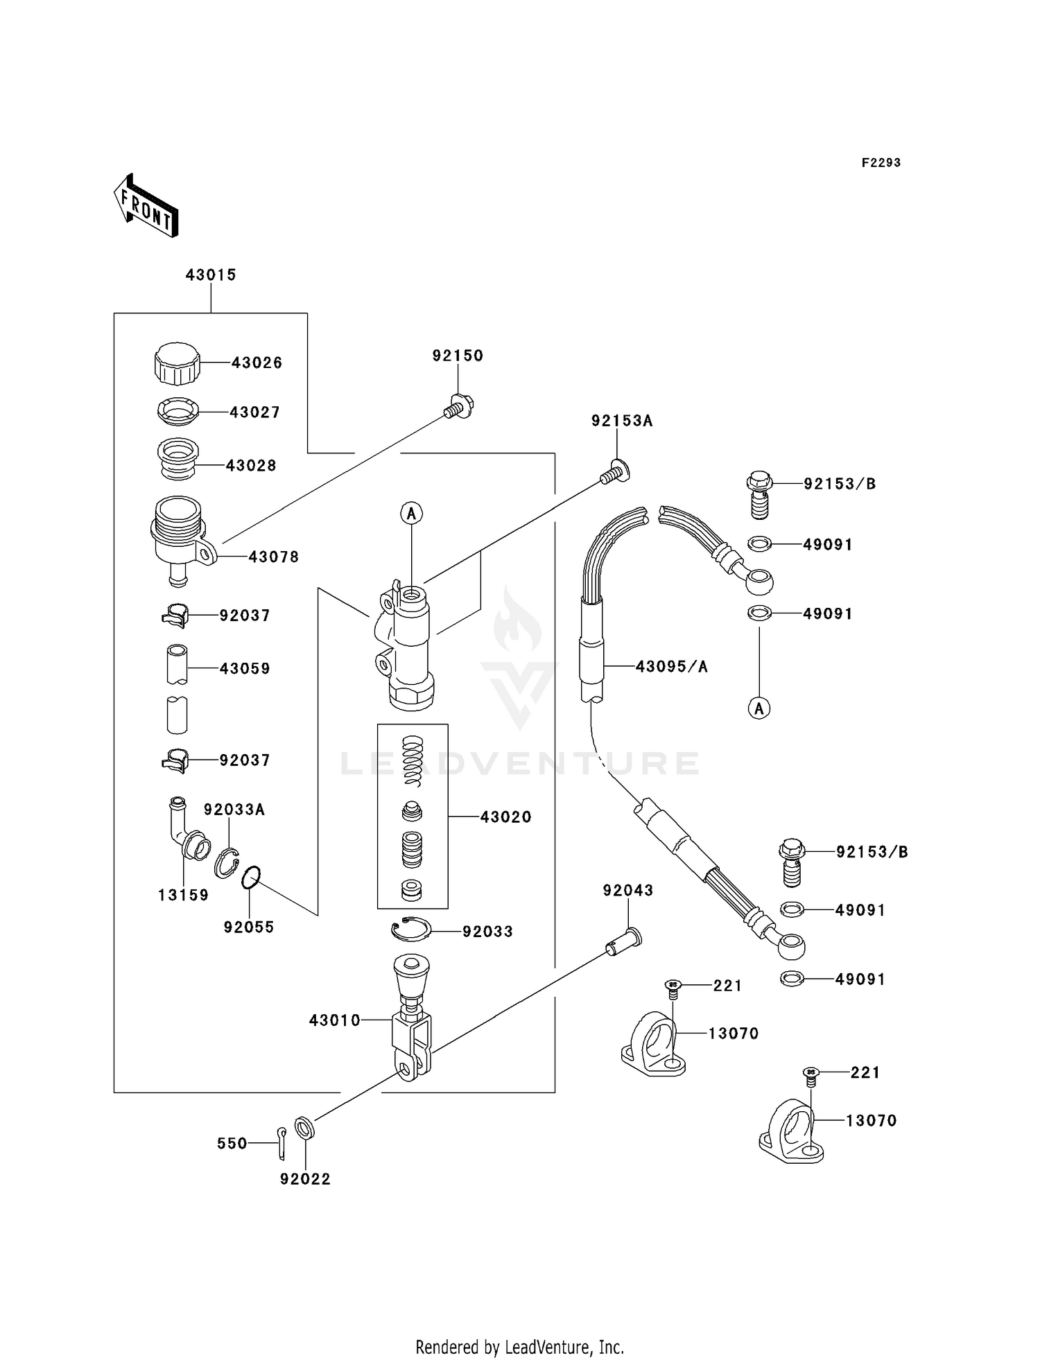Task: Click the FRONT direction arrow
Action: (146, 206)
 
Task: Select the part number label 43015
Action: (211, 275)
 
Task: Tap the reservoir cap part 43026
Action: (177, 363)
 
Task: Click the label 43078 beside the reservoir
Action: (273, 557)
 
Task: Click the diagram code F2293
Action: (881, 163)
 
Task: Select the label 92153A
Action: (622, 421)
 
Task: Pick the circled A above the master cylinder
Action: (411, 514)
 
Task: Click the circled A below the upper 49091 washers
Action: (759, 708)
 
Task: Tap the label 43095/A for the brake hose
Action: (671, 667)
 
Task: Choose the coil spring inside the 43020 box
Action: (413, 760)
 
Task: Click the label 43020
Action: (505, 817)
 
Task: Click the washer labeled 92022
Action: (304, 1128)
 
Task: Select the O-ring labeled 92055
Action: (251, 878)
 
